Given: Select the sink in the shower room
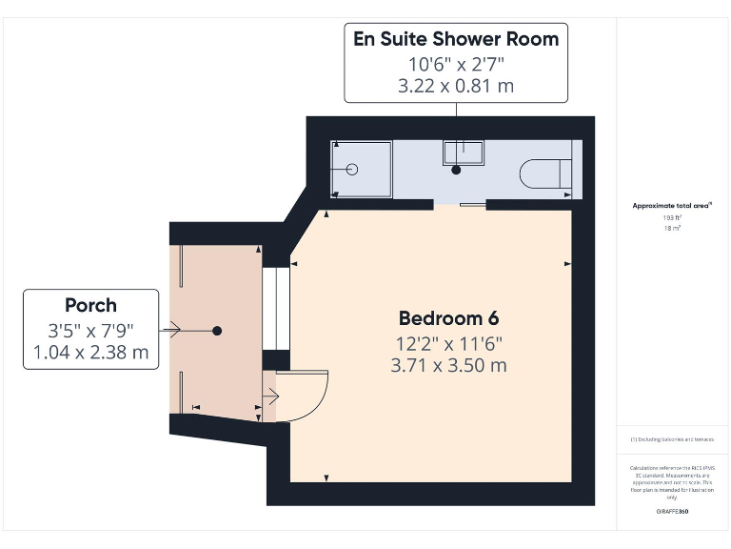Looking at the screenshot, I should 463,152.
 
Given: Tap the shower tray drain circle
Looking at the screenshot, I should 351,170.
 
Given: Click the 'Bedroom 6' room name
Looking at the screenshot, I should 448,318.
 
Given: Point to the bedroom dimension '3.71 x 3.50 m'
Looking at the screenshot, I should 448,365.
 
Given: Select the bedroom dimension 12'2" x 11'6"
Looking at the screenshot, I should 448,343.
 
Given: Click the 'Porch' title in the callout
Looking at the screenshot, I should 90,306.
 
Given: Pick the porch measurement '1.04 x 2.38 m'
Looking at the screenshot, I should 90,353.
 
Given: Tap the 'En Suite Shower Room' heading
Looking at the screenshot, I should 456,39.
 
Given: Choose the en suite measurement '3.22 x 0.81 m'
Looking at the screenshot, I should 456,86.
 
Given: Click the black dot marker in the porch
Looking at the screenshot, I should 217,331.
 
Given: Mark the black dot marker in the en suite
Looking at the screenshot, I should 456,170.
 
